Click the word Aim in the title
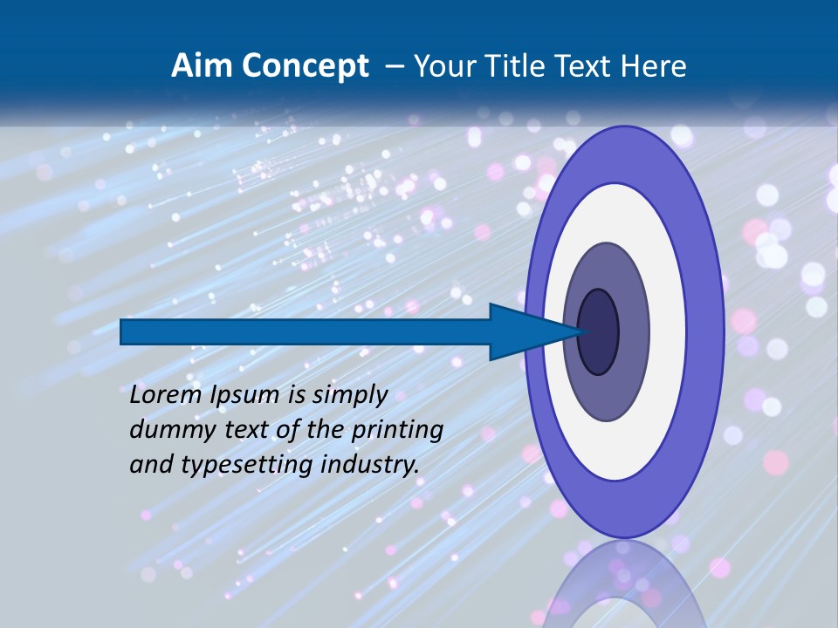tap(197, 66)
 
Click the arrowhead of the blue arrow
tap(528, 332)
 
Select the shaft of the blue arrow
tap(306, 332)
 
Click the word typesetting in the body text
tap(248, 465)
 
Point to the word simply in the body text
tap(349, 395)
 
